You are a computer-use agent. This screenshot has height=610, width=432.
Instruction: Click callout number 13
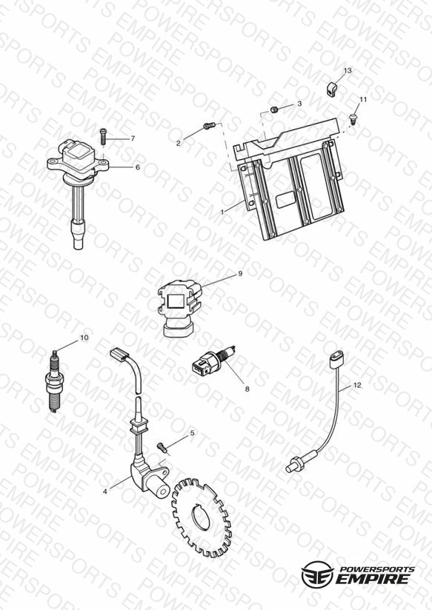click(348, 70)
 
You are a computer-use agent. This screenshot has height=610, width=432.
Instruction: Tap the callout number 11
click(363, 100)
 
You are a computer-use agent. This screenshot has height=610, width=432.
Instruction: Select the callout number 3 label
click(299, 104)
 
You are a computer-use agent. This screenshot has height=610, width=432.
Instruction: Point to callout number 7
click(133, 138)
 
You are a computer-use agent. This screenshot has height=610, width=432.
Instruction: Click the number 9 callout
click(240, 273)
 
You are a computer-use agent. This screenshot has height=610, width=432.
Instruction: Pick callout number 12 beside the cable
click(357, 385)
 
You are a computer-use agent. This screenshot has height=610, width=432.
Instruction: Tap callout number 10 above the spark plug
click(84, 338)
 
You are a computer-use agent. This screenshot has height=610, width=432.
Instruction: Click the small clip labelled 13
click(330, 90)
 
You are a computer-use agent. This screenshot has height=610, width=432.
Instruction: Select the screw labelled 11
click(353, 118)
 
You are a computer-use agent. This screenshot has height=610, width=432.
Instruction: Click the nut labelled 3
click(274, 110)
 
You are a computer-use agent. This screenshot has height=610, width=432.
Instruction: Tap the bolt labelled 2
click(209, 125)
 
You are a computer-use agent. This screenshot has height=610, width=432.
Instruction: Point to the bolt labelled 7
click(103, 135)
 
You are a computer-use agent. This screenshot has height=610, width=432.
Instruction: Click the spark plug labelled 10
click(54, 381)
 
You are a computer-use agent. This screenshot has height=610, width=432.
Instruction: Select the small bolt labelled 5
click(163, 447)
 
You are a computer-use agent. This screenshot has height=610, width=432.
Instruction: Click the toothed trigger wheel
click(201, 517)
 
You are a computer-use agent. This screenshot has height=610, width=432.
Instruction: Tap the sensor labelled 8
click(213, 362)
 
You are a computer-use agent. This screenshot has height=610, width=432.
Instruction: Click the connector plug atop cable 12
click(336, 360)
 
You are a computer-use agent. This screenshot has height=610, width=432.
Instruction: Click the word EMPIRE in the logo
click(373, 579)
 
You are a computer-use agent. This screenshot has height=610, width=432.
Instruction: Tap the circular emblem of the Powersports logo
click(317, 574)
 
